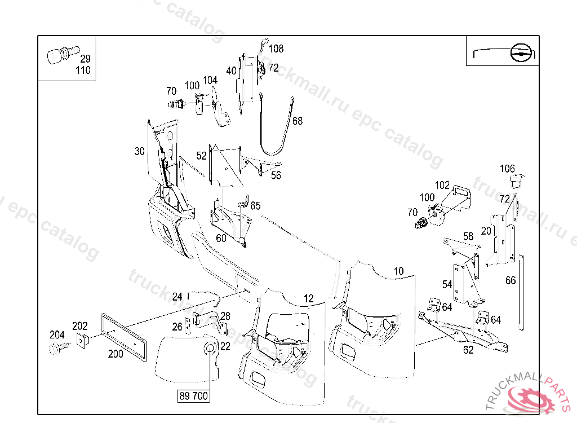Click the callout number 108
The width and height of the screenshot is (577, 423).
click(276, 49)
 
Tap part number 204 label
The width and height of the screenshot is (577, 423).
click(57, 334)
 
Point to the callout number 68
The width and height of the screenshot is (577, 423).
click(298, 121)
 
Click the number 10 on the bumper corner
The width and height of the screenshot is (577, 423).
click(398, 271)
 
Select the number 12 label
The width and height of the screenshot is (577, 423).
click(308, 298)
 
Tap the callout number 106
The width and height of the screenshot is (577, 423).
click(507, 169)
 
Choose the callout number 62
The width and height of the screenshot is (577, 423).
click(468, 350)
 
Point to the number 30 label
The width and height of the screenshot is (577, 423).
click(139, 151)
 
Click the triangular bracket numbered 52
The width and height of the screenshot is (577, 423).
click(225, 165)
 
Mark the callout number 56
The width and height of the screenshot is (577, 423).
click(276, 175)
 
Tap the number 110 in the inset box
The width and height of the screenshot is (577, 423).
click(82, 70)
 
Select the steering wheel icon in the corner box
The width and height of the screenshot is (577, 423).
click(521, 54)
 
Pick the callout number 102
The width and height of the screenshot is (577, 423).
click(442, 185)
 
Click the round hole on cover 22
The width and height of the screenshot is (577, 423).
click(210, 347)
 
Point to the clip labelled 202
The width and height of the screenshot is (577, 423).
click(83, 340)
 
